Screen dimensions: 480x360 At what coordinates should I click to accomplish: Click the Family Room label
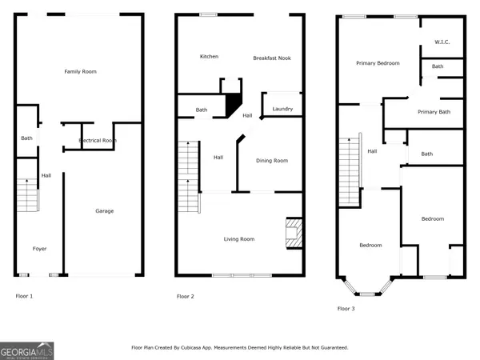point(81,72)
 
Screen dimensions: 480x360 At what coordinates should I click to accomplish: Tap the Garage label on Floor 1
point(104,211)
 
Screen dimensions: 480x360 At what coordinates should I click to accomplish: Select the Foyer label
point(39,249)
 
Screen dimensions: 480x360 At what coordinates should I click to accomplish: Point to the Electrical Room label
point(98,140)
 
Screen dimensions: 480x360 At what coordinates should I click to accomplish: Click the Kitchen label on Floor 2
point(209,56)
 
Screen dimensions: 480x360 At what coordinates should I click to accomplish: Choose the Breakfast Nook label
point(272,58)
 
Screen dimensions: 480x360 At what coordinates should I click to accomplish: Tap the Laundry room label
point(282,109)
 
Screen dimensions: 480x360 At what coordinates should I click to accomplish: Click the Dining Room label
point(272,161)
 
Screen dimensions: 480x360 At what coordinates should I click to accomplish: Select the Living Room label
point(239,239)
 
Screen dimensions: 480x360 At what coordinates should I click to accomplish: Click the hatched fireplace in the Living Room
point(294,233)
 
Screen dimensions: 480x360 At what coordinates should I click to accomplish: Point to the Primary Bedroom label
point(378,63)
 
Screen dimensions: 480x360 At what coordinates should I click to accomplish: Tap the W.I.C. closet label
point(442,42)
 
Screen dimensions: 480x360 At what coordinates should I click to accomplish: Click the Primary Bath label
point(434,112)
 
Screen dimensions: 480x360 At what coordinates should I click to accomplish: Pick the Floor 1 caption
point(24,296)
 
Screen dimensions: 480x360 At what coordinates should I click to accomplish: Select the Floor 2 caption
point(186,296)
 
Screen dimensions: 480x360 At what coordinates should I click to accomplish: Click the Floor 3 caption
point(346,309)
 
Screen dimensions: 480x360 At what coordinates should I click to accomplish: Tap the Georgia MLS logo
point(27,351)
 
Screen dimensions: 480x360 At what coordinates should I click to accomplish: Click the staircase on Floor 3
point(350,172)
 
